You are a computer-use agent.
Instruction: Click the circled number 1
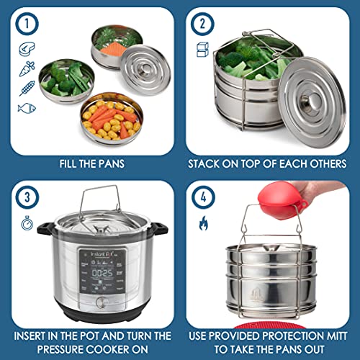coord(26,26)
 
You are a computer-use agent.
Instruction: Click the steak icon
coord(25,50)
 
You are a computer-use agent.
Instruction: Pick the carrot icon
coord(25,70)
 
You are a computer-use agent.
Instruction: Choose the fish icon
coord(25,109)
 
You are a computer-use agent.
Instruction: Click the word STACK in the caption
coord(204,163)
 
